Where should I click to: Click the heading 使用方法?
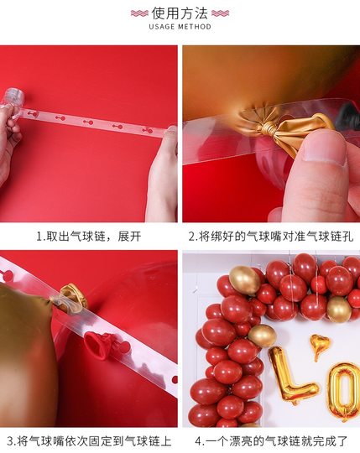(179, 13)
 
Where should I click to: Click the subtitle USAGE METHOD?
(179, 27)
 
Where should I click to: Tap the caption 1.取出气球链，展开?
(88, 237)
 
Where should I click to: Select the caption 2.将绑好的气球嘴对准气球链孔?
(269, 237)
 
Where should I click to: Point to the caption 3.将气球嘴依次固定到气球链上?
(88, 440)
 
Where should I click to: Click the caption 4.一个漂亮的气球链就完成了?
(269, 440)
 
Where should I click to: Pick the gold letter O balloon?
(344, 389)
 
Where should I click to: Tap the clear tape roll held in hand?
(12, 97)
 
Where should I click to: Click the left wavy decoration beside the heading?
(139, 13)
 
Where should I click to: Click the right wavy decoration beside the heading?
(220, 13)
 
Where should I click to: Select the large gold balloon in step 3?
(25, 352)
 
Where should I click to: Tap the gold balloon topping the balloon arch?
(243, 279)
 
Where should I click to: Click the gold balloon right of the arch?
(339, 309)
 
